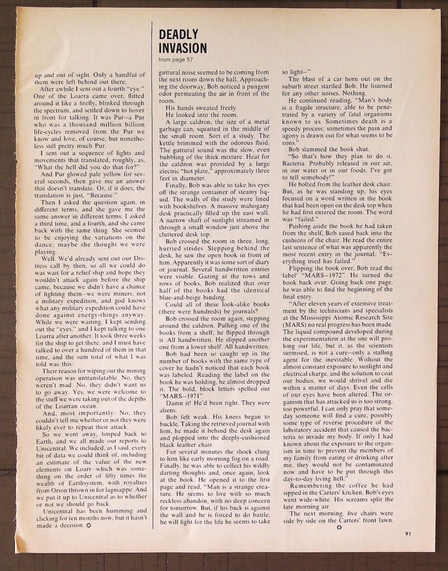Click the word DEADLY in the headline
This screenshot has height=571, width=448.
coord(175,34)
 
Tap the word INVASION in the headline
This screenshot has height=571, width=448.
coord(183,48)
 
